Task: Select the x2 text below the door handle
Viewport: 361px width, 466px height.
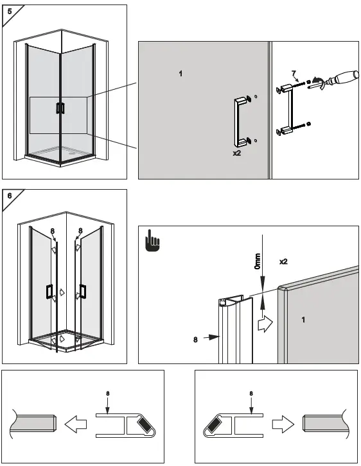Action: [x=236, y=154]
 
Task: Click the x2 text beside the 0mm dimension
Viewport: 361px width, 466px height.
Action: [x=283, y=262]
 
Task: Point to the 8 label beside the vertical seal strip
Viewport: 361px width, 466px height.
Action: [x=195, y=340]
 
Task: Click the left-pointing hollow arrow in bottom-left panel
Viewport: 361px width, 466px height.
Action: [x=76, y=424]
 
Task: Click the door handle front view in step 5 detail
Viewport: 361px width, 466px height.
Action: [x=242, y=121]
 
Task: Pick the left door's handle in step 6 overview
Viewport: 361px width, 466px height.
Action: [x=49, y=292]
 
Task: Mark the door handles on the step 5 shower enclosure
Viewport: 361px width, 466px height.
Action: [x=60, y=108]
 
